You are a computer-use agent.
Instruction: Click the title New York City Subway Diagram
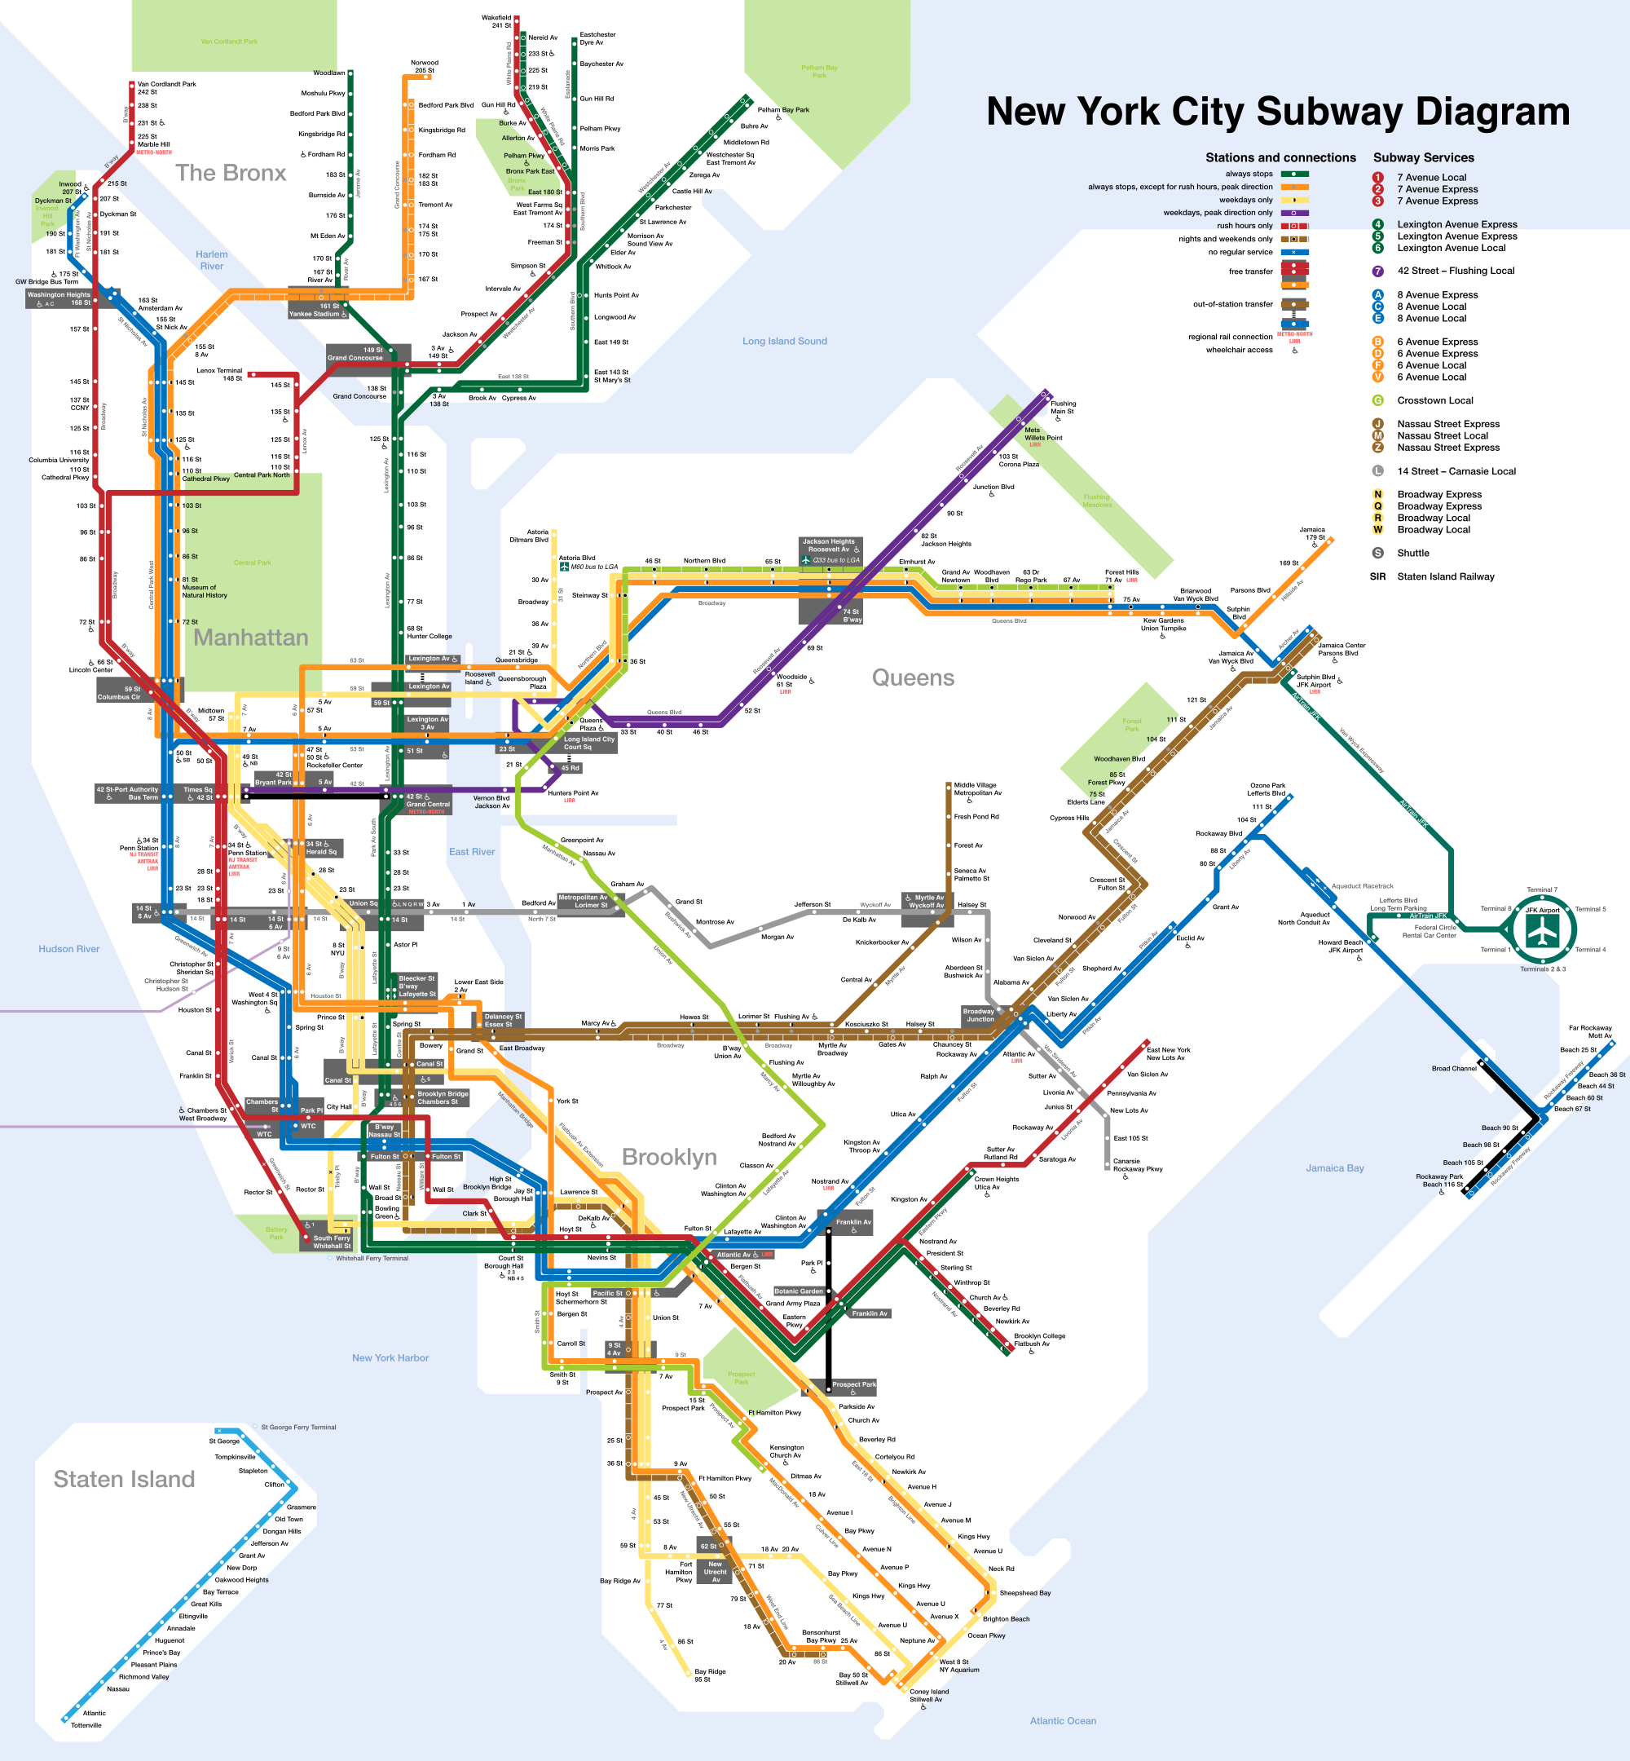(x=1277, y=112)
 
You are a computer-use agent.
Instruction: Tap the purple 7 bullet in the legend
(x=1377, y=271)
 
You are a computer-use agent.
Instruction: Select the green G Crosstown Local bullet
(x=1377, y=400)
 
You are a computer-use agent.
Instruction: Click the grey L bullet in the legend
(x=1377, y=471)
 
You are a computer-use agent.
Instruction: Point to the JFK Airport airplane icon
(x=1543, y=931)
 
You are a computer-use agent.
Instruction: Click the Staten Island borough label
(x=125, y=1480)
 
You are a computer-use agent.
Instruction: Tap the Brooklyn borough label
(x=668, y=1157)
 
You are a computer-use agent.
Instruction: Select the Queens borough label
(x=913, y=677)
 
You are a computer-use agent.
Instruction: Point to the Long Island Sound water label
(x=784, y=342)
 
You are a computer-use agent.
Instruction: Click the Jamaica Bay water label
(x=1334, y=1168)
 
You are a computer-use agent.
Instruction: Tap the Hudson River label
(x=68, y=949)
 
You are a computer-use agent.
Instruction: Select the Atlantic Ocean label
(x=1063, y=1721)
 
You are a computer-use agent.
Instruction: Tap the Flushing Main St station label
(x=1063, y=408)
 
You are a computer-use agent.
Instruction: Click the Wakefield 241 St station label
(x=496, y=21)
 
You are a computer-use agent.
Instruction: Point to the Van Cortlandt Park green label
(x=229, y=42)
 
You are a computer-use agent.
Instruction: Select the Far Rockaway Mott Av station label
(x=1589, y=1032)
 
